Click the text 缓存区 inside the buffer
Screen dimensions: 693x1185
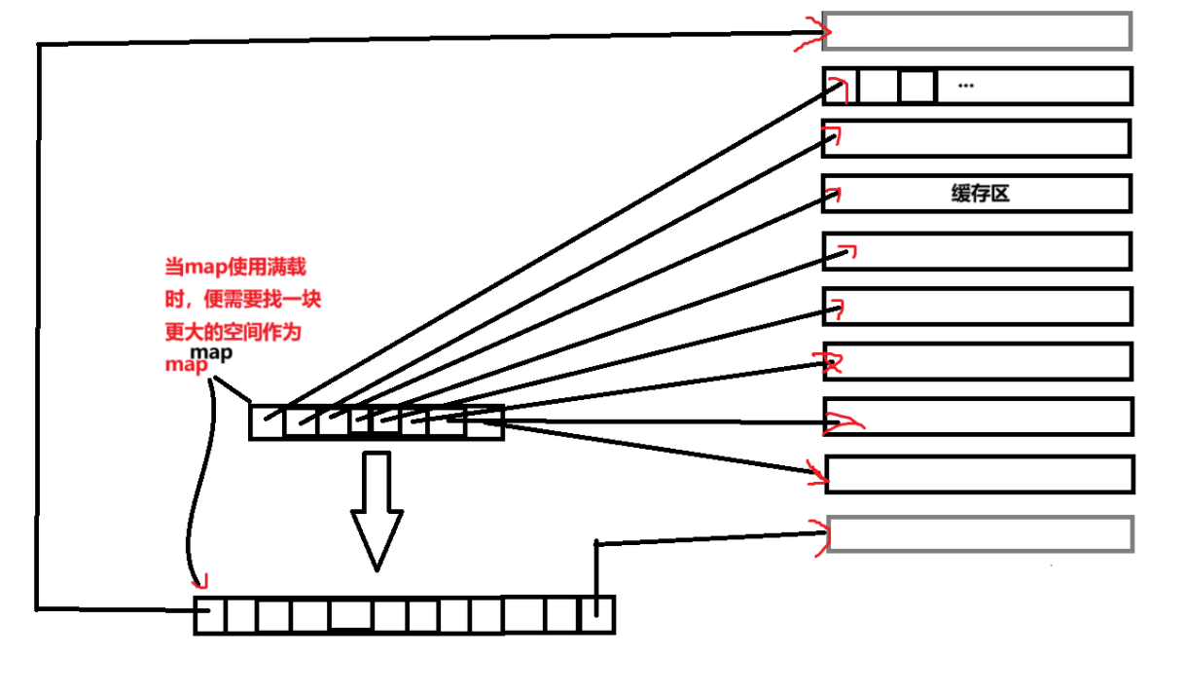980,193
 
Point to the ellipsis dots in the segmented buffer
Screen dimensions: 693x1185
965,86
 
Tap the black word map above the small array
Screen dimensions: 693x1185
211,353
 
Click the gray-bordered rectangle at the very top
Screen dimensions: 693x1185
977,31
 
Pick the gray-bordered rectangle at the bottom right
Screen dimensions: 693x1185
980,534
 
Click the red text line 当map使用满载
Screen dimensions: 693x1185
237,267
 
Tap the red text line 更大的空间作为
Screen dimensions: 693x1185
233,332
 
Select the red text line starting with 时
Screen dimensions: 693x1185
242,300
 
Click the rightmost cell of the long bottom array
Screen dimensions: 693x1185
596,615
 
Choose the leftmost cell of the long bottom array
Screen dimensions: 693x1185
210,616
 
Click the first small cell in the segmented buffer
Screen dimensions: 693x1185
841,86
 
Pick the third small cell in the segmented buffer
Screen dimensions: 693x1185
916,87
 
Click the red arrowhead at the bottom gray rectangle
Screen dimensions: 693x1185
815,537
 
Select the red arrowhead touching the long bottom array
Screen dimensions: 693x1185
201,582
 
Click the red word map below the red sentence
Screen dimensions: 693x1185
187,365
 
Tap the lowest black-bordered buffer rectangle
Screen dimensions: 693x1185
980,474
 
